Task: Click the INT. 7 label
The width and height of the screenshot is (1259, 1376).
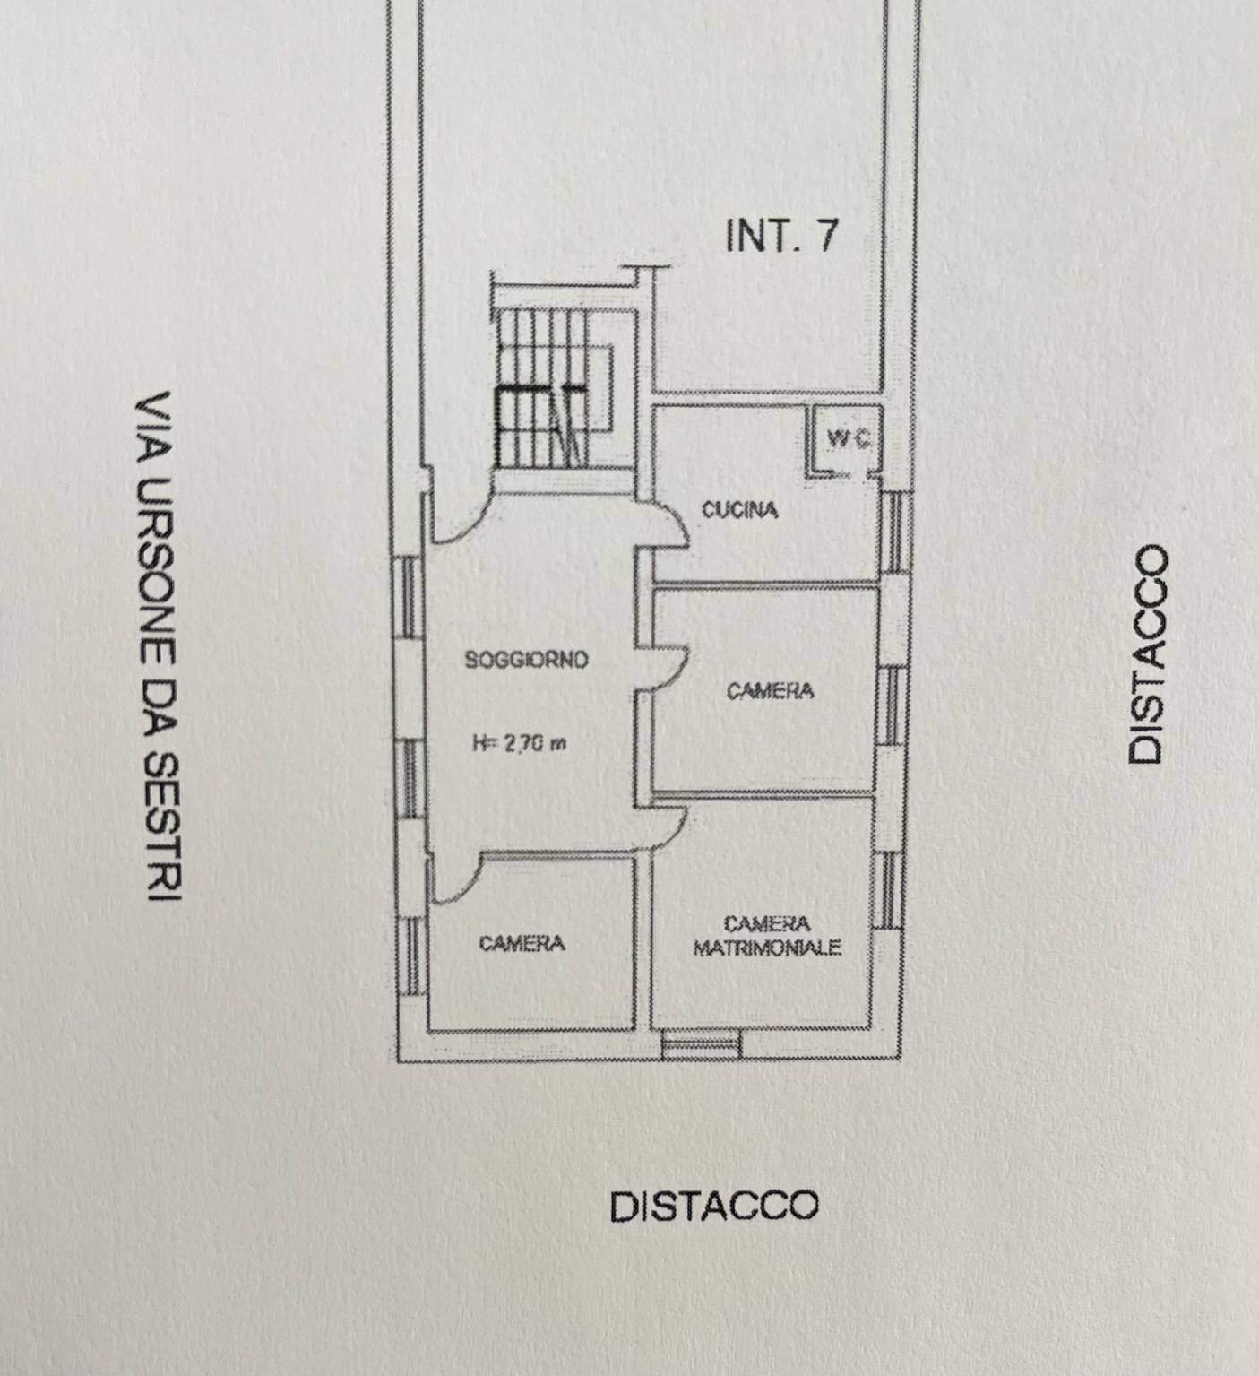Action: (780, 235)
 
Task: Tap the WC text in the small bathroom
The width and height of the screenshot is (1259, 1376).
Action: (847, 439)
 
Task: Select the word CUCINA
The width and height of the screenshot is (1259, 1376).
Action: (739, 511)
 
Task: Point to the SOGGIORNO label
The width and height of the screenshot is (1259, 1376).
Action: (526, 661)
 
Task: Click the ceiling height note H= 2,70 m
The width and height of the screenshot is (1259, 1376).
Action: (519, 743)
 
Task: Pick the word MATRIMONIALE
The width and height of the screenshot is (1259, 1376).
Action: (767, 948)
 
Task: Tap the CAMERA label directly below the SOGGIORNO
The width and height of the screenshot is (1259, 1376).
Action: (522, 943)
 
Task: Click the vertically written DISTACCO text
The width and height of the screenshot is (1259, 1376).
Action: (1149, 654)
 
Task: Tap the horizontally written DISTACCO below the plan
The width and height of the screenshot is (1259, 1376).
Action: (714, 1207)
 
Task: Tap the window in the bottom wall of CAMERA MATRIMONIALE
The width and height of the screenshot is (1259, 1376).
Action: (702, 1043)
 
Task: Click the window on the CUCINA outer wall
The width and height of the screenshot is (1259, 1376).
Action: (893, 532)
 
